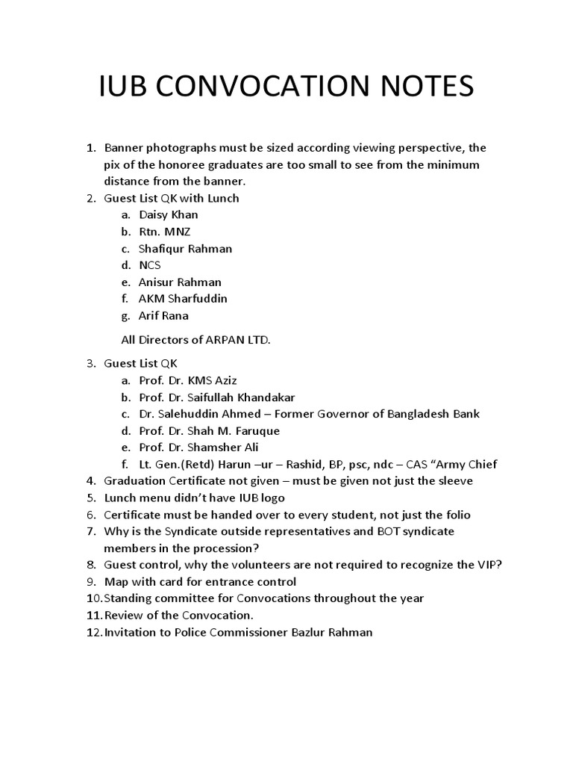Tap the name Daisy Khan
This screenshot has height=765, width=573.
(x=168, y=215)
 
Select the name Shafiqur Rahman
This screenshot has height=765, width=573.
(x=185, y=249)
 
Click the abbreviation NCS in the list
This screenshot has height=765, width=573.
(x=150, y=265)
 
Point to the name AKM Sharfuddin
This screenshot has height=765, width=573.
(x=183, y=299)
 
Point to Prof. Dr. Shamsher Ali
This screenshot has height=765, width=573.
(x=196, y=447)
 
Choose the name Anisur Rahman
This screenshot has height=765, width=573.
(x=179, y=282)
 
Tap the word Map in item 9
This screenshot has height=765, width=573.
(x=116, y=581)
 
